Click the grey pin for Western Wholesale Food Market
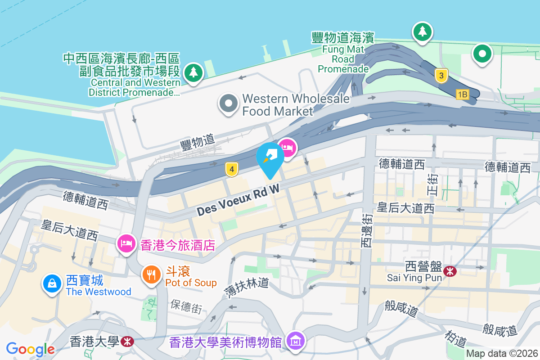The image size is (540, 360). pos(229,103)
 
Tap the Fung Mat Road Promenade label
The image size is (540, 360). pos(343,53)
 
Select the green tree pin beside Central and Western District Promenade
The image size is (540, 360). pos(193,72)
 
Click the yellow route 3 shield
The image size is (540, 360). pos(441,76)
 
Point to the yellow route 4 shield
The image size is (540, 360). pos(231,169)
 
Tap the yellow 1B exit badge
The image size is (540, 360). pos(462,94)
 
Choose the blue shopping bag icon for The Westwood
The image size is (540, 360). pos(52,284)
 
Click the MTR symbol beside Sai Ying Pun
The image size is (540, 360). pos(449,271)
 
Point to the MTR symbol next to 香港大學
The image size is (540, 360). pos(127,342)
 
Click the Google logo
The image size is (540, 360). pos(30,349)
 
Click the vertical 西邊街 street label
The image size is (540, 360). pos(367,230)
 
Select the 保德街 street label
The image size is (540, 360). pos(186,306)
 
